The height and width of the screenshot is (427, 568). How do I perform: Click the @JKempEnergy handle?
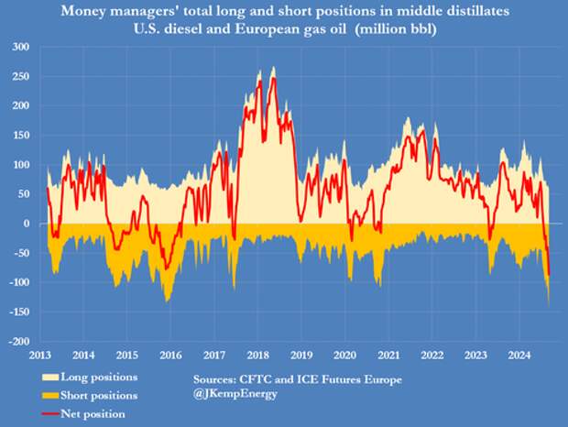click(x=235, y=395)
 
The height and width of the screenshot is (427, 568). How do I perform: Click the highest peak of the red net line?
click(x=273, y=80)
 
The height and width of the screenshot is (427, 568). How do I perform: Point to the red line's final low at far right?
click(x=549, y=275)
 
